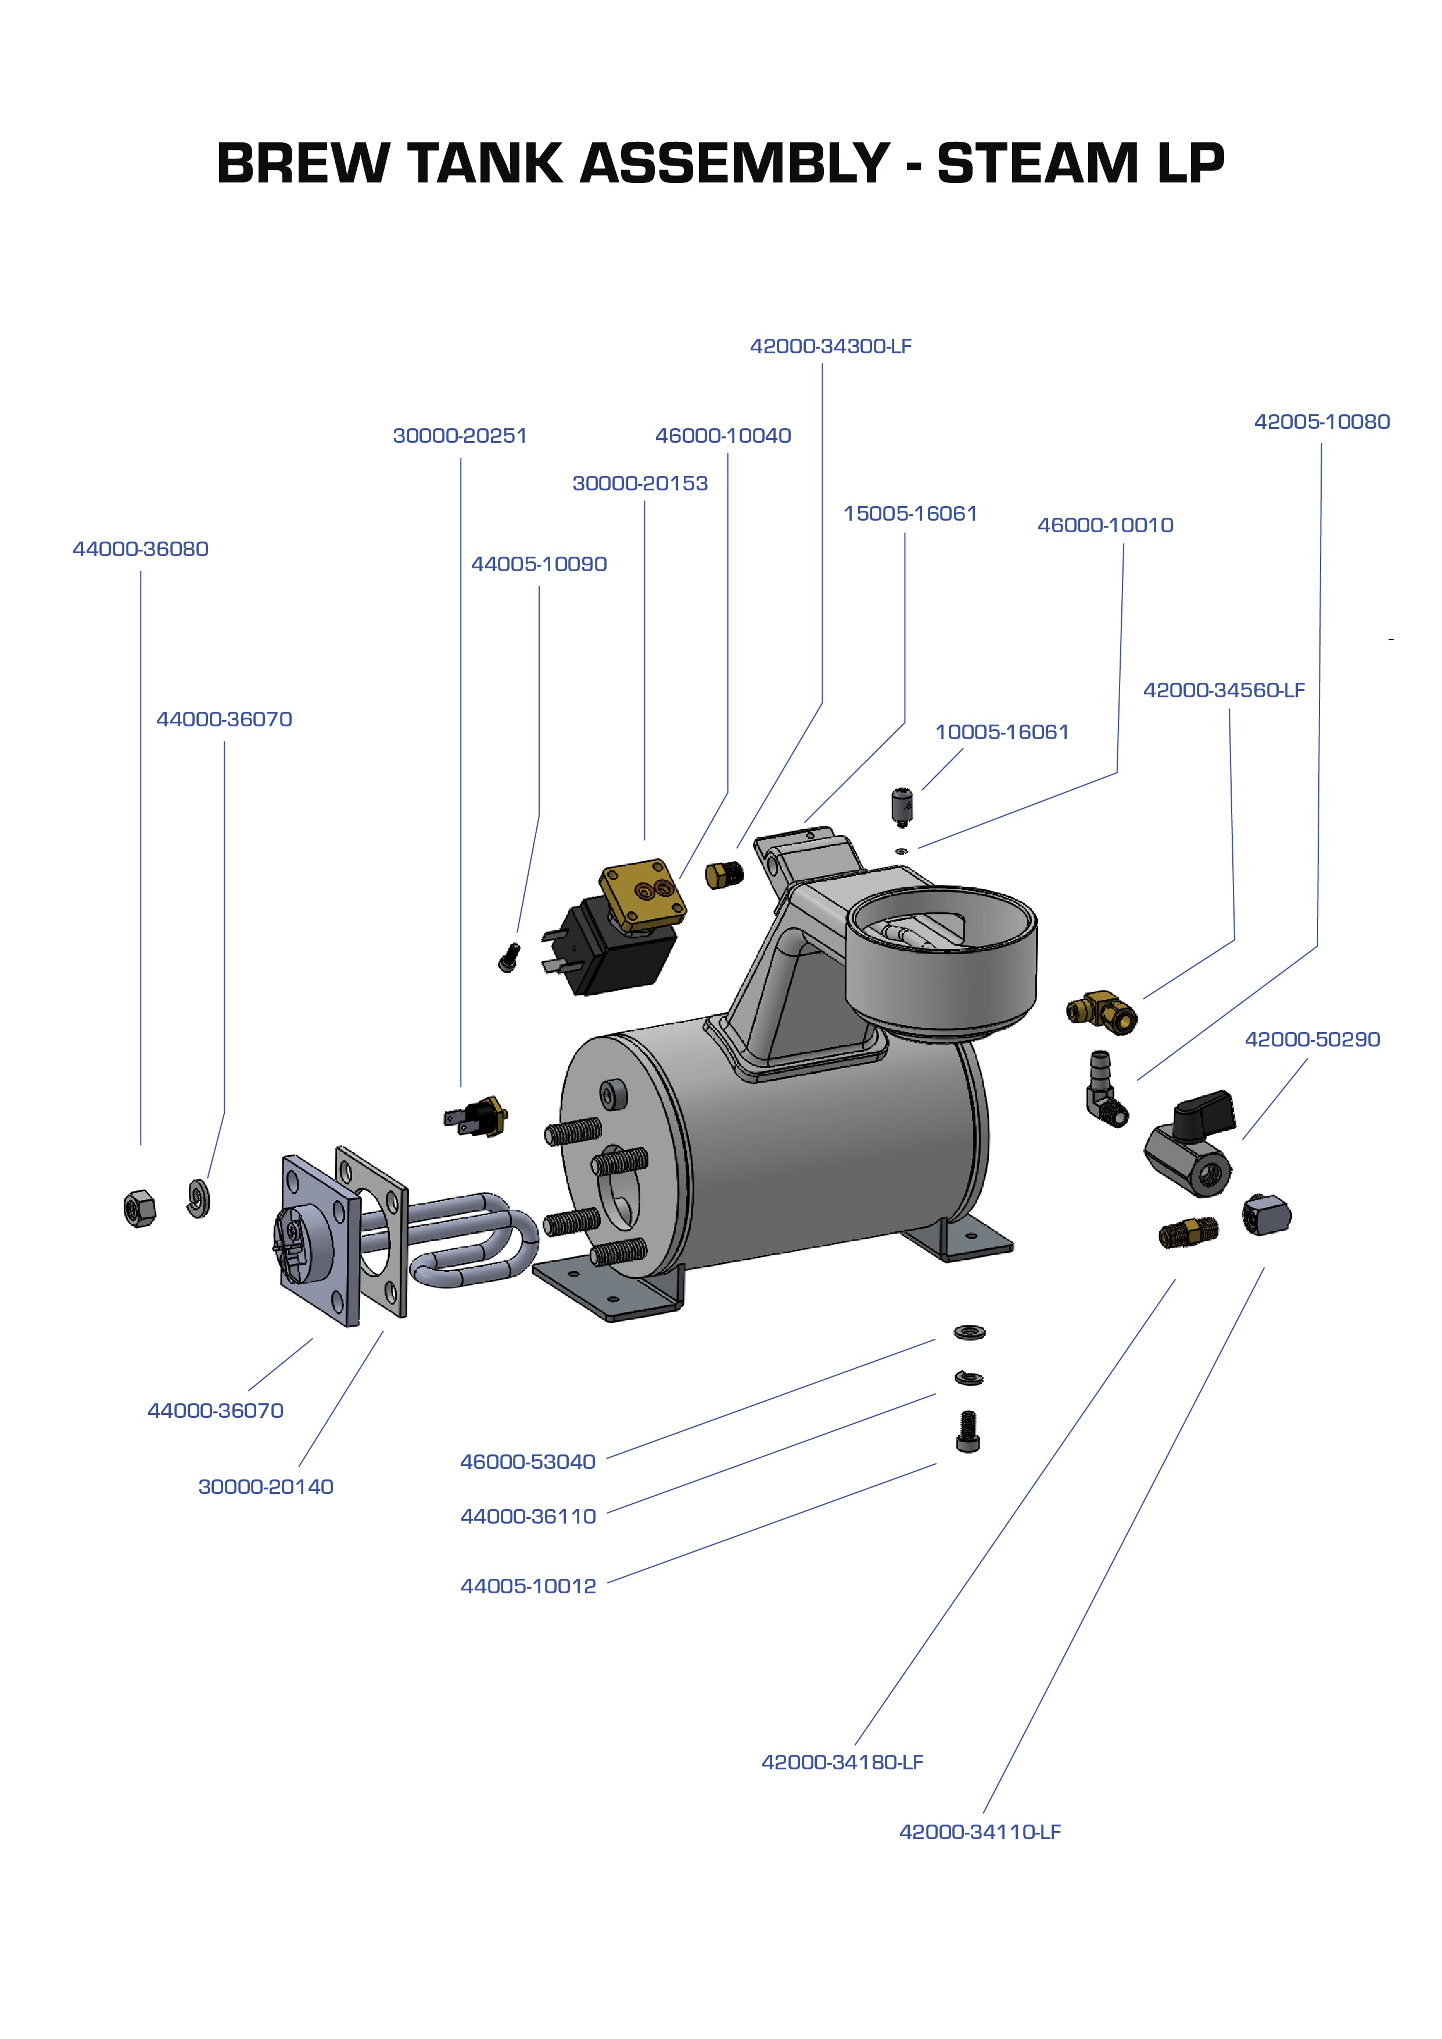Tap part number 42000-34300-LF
tap(830, 346)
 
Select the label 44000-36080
tap(140, 549)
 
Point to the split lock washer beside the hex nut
tap(199, 1198)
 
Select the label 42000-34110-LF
tap(980, 1831)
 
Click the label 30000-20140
tap(266, 1486)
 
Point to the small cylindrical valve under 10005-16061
tap(903, 804)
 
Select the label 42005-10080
tap(1321, 422)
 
